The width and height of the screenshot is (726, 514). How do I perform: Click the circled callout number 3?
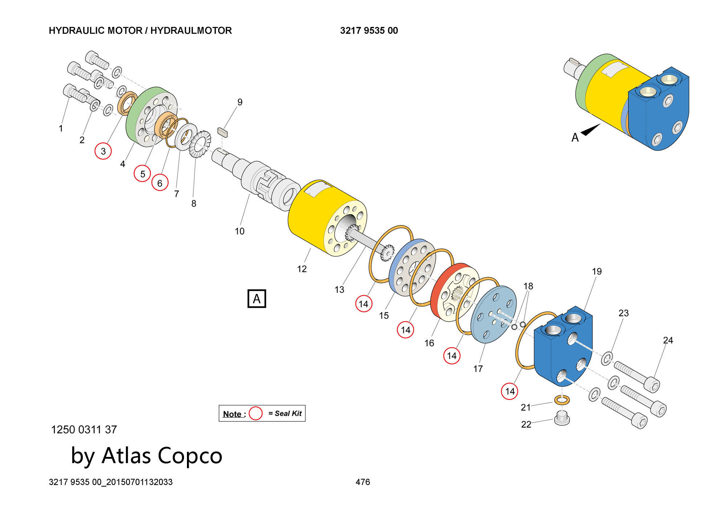coord(103,151)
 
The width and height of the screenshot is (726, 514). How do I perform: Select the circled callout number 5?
coord(143,174)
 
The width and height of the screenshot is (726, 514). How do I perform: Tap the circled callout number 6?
coord(160,183)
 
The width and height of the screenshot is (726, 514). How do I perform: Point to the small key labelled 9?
coord(223,132)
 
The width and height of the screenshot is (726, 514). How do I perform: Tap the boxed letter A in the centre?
coord(257,298)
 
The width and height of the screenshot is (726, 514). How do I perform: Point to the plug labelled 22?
coord(562,419)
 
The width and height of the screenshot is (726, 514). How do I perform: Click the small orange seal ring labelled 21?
coord(562,400)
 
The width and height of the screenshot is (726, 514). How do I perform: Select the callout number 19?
coord(597,272)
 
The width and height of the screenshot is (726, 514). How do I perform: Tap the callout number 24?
coord(668,340)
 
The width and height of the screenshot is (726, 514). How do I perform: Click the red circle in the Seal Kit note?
coord(256,413)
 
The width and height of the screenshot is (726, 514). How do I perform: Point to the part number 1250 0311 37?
coord(84,430)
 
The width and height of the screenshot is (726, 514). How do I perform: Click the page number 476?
coord(363,482)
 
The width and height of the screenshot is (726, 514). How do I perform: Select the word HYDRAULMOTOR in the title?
coord(191,31)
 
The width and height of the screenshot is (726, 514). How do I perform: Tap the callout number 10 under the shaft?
coord(240,231)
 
